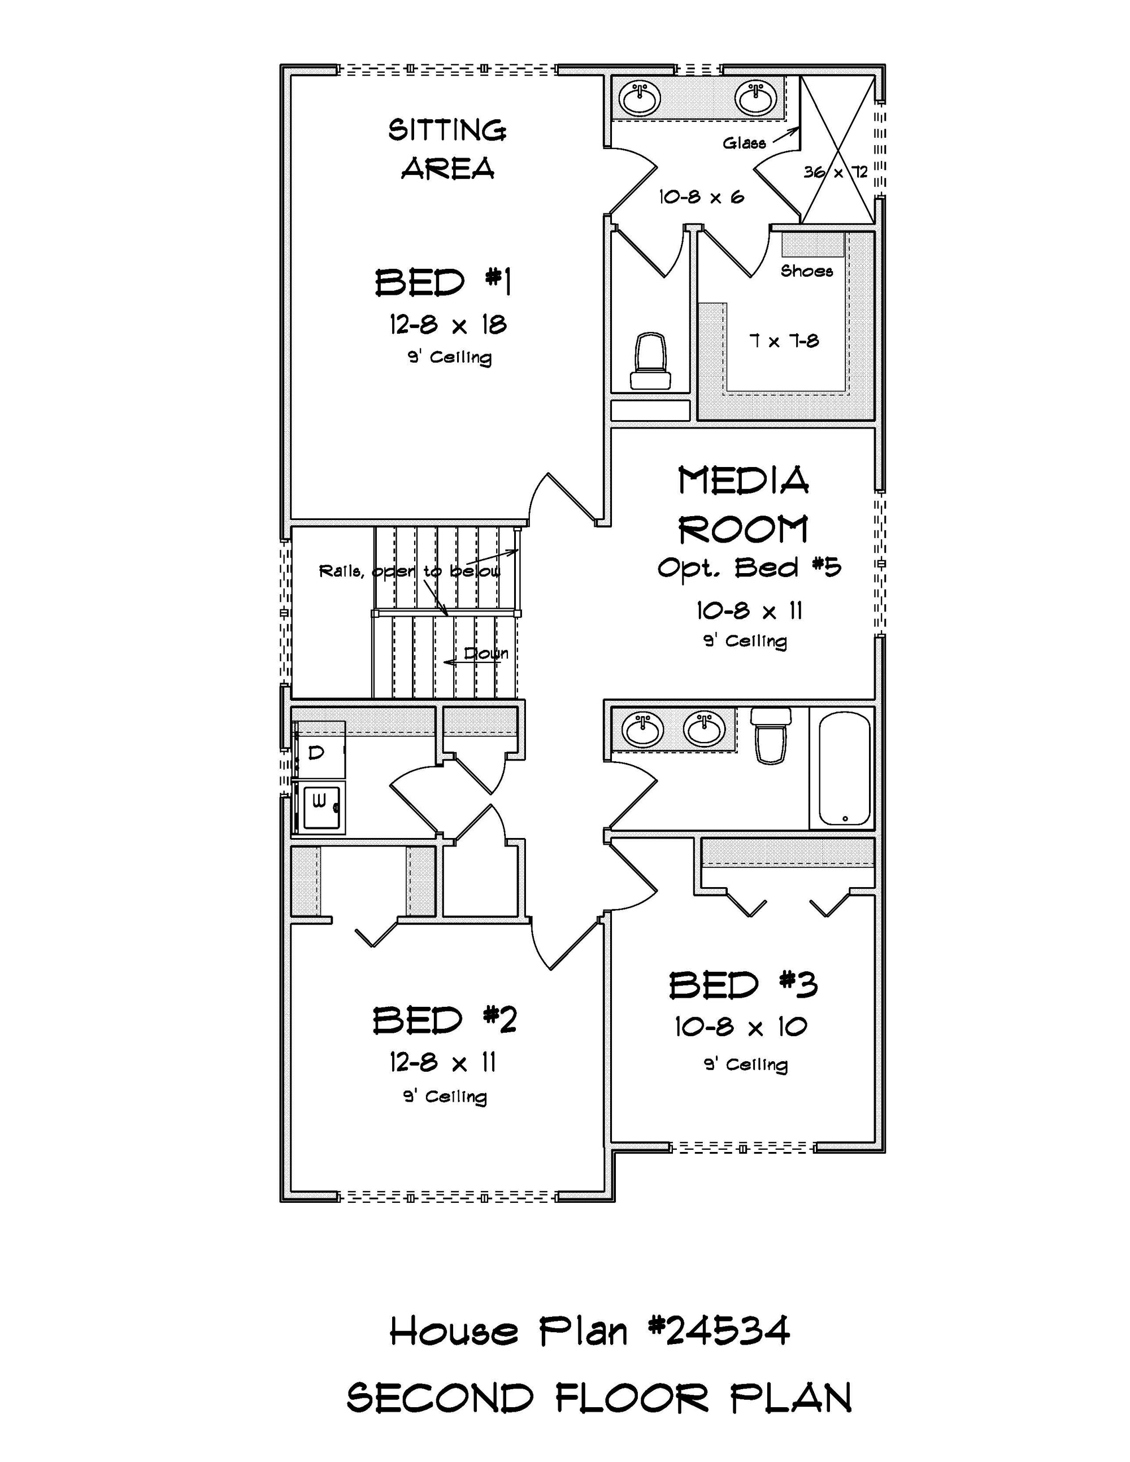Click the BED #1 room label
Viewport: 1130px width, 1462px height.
pos(444,282)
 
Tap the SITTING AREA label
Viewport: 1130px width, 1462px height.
pos(447,149)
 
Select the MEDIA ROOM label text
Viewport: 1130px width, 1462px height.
pos(744,505)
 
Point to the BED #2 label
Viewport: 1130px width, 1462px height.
pos(445,1020)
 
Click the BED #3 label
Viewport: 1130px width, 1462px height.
pos(744,985)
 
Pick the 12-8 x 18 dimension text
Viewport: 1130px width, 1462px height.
pos(448,325)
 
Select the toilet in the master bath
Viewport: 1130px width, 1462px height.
pos(650,361)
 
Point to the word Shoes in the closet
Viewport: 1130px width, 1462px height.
pos(806,271)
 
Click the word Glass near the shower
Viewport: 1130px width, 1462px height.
pos(744,142)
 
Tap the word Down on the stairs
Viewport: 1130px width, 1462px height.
pos(486,653)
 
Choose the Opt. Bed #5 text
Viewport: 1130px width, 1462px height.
pos(749,568)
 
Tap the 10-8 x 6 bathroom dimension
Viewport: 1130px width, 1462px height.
pos(701,197)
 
